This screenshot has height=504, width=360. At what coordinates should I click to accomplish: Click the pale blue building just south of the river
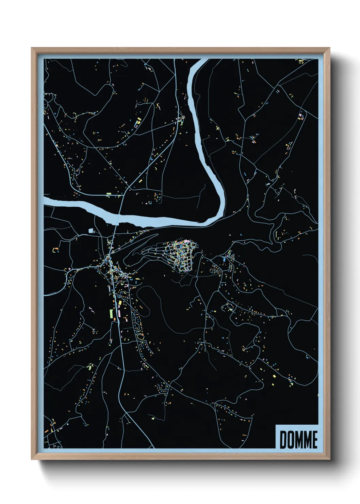pos(91,231)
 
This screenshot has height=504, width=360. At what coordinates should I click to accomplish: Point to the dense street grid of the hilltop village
pos(182,254)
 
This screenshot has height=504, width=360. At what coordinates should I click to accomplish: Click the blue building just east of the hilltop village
pos(224,259)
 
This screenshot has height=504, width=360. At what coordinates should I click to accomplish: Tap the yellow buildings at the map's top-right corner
pos(300,61)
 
